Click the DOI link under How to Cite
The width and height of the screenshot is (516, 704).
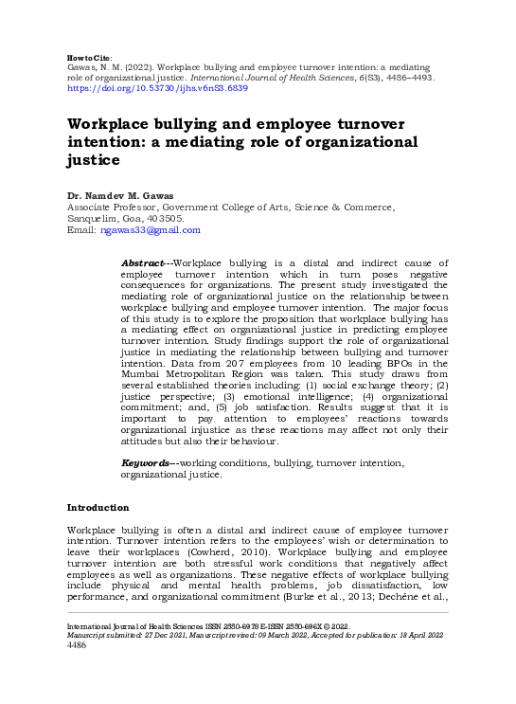click(157, 88)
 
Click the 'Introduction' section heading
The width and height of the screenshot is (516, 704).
click(98, 507)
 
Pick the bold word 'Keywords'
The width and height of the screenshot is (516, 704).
click(147, 462)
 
